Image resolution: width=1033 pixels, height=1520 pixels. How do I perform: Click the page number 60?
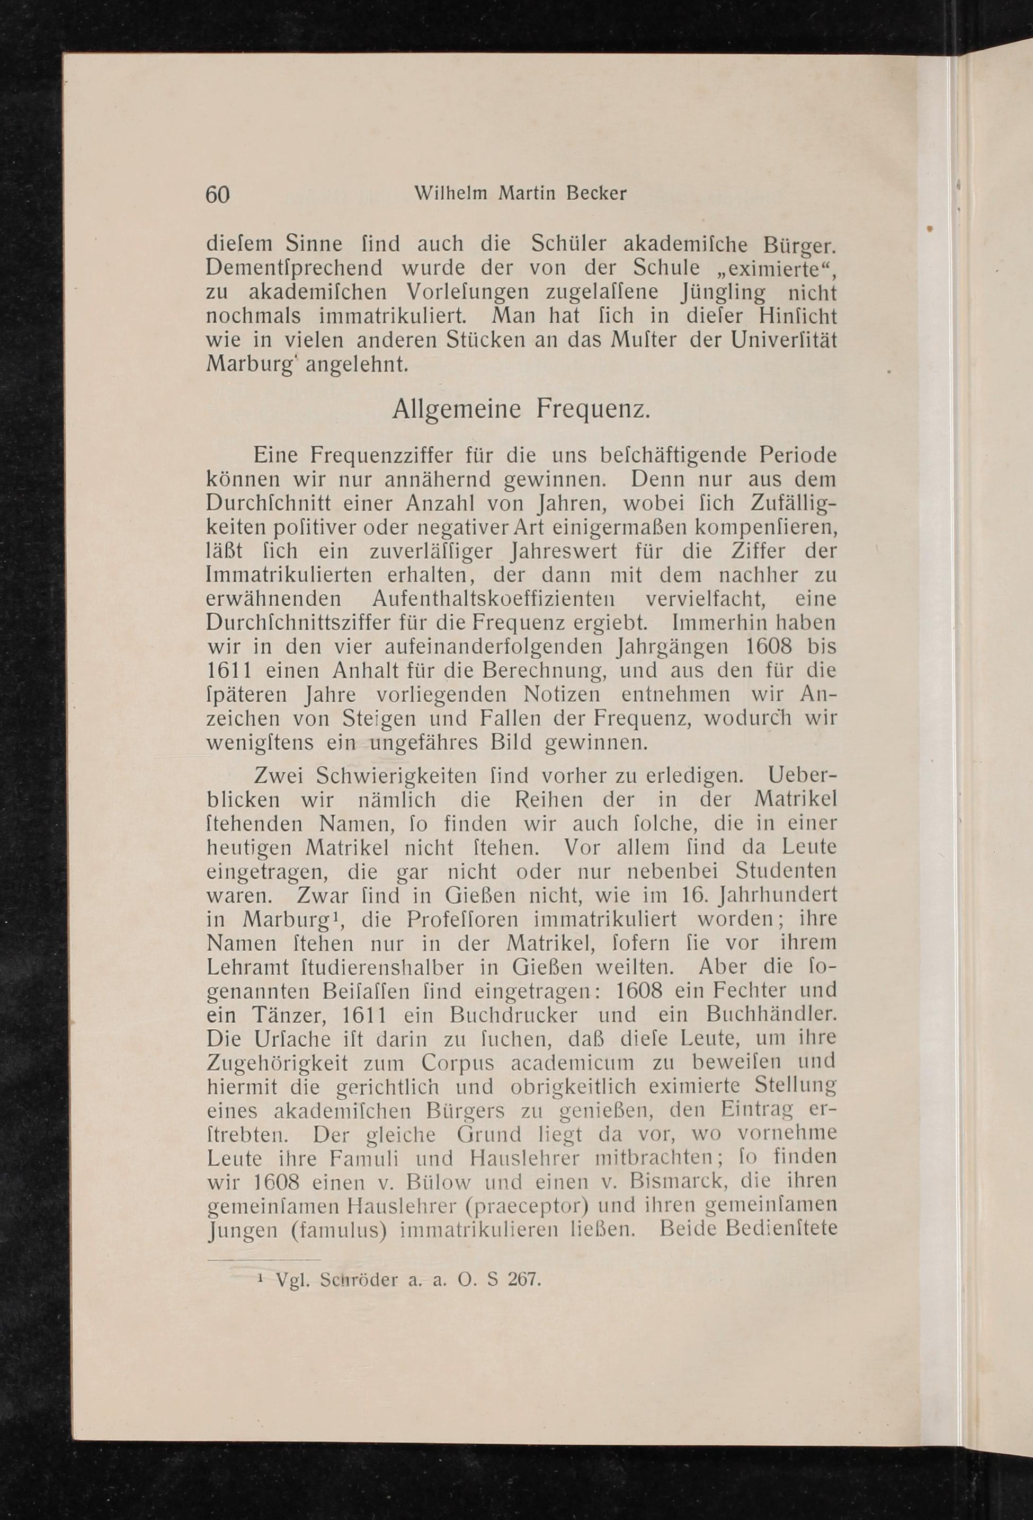(218, 195)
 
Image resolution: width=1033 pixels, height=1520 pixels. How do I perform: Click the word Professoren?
(458, 919)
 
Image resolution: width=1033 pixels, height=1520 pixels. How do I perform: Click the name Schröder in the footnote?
(357, 1279)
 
